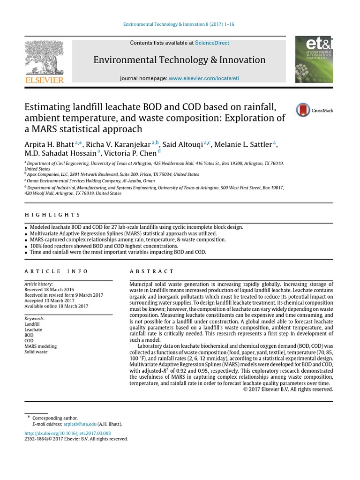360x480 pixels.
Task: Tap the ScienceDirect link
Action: (212, 43)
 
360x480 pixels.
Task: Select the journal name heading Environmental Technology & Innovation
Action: (180, 60)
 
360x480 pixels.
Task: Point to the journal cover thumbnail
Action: (314, 60)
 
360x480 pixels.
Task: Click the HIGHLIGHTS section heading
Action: (52, 215)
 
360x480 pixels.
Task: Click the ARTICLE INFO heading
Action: (56, 271)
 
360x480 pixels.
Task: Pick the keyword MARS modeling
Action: (41, 346)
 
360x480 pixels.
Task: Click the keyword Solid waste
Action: (36, 352)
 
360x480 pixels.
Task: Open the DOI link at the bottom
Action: (67, 433)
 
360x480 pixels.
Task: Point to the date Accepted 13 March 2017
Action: (50, 301)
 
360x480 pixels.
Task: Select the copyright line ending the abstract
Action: (288, 389)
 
